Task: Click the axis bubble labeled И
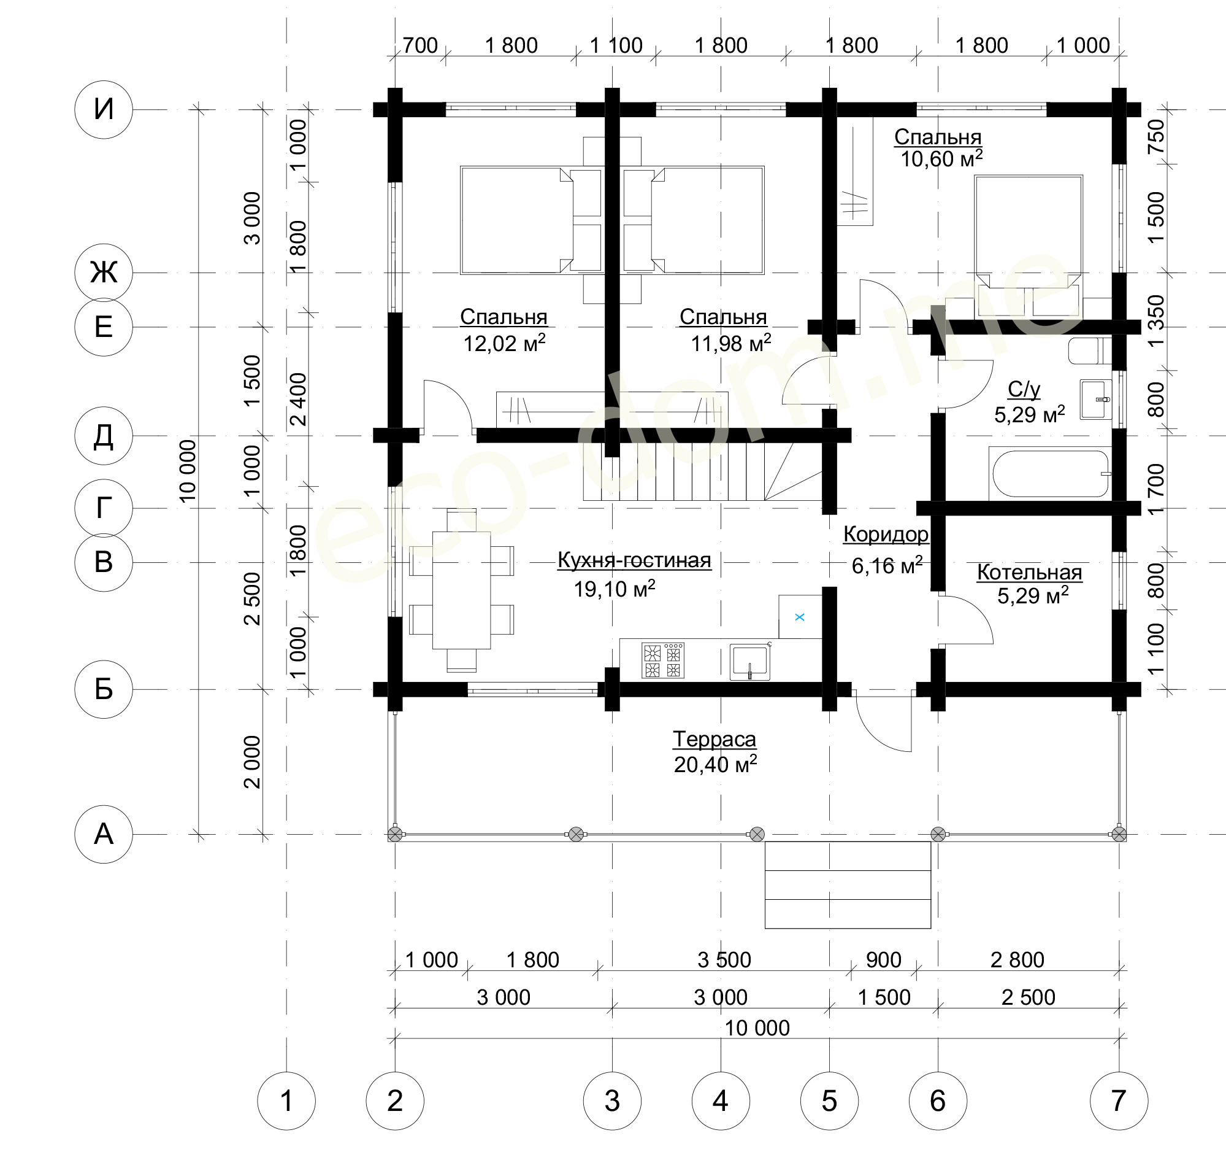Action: (103, 109)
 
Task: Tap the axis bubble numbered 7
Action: (1119, 1101)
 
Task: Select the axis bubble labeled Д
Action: (103, 436)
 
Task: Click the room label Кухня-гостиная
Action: (634, 560)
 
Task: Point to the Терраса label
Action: (715, 739)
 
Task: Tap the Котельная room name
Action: (1029, 572)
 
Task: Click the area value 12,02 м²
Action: (504, 343)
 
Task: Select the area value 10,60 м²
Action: (941, 158)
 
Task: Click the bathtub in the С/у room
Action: (1049, 473)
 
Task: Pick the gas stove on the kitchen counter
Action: (663, 660)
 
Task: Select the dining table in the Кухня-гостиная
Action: (462, 590)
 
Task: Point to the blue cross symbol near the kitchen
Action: (799, 617)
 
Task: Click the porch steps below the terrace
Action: (848, 885)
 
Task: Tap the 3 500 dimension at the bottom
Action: (724, 960)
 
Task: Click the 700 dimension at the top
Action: (420, 45)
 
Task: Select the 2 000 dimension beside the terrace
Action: (251, 762)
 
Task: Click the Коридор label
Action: (886, 534)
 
